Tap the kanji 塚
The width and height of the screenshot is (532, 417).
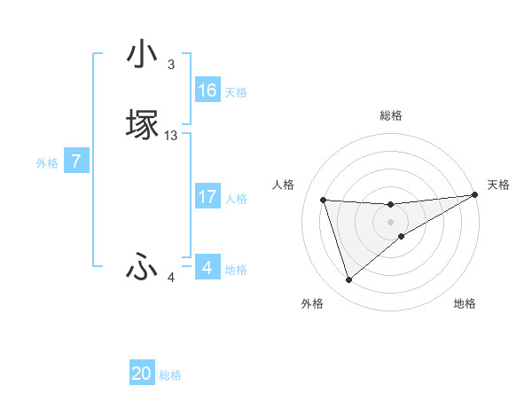(x=142, y=125)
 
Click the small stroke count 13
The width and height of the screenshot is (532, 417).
(x=171, y=136)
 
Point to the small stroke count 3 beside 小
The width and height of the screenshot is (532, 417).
(x=171, y=65)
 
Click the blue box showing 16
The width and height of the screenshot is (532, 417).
(x=207, y=90)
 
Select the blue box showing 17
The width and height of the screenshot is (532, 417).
(x=207, y=197)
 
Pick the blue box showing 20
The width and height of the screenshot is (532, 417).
(x=142, y=374)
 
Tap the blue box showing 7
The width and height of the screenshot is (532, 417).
(x=76, y=162)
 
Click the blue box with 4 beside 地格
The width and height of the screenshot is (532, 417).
(x=207, y=268)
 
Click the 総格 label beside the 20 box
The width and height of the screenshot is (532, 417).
(x=170, y=375)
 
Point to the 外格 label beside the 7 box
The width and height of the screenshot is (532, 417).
(x=47, y=163)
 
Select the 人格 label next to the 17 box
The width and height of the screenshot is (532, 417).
(x=237, y=199)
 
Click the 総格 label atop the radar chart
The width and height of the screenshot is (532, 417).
(x=391, y=115)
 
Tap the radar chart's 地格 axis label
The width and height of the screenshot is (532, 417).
(x=465, y=303)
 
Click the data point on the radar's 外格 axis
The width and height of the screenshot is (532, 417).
(x=348, y=280)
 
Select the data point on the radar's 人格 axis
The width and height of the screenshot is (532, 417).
(x=324, y=201)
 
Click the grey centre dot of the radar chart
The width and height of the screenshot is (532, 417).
(x=390, y=222)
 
